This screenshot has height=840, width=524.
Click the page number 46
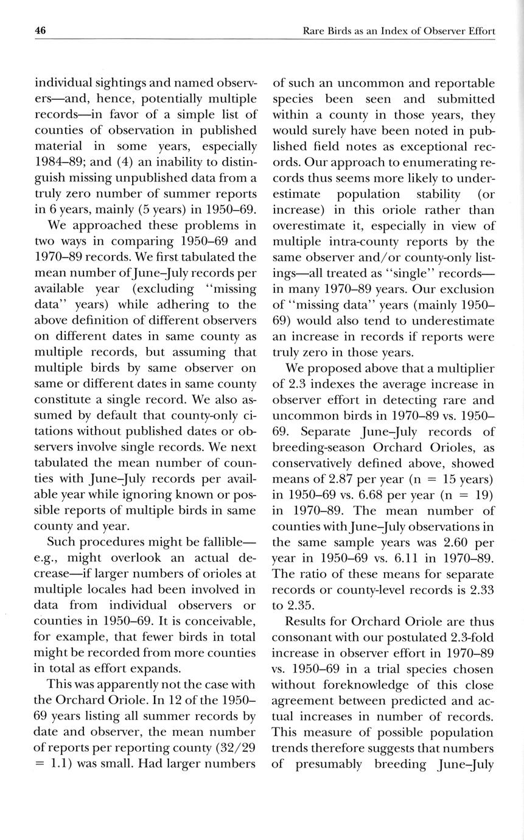pos(41,30)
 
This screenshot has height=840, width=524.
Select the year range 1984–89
pos(59,163)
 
